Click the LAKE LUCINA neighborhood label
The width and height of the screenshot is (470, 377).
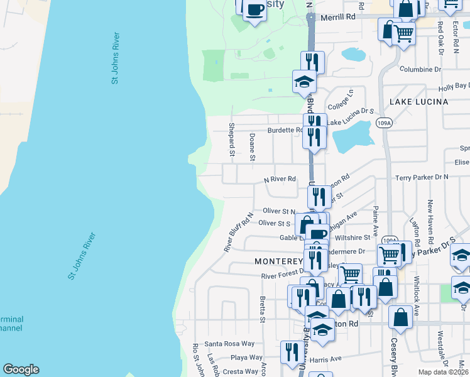coord(418,101)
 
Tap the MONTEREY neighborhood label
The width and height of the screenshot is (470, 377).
coord(278,261)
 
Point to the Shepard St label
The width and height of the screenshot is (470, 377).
coord(231,140)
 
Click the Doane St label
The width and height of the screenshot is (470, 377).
coord(252,147)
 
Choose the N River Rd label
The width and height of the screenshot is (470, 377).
coord(280,179)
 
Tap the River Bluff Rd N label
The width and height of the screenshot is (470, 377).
coord(239,232)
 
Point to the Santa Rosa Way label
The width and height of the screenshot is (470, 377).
coord(229,344)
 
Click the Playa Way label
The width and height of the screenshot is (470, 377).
coord(247,358)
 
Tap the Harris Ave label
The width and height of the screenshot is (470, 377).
coord(325,359)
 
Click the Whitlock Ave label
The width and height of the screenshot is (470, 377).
coord(416,303)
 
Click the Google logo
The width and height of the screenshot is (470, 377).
coord(21,369)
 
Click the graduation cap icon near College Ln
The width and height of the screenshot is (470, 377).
coord(304,81)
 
